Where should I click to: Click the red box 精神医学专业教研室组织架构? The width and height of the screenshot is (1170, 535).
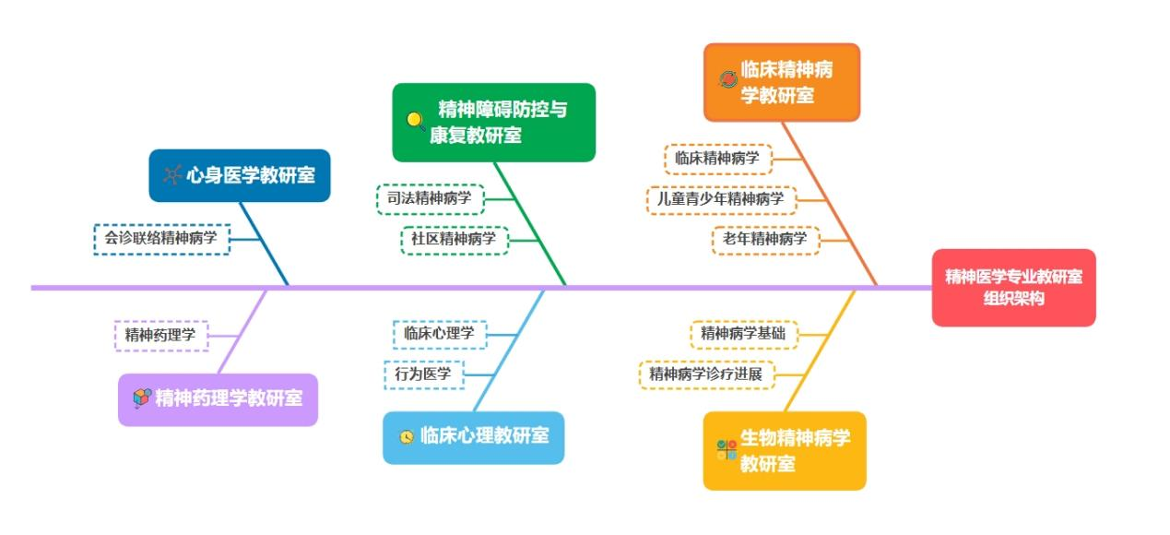[x=1013, y=287]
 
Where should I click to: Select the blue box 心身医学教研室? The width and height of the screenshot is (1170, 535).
[x=239, y=175]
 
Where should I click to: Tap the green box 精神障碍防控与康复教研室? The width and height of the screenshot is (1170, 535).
[x=493, y=122]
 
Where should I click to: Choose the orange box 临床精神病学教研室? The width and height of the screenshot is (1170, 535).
[x=781, y=82]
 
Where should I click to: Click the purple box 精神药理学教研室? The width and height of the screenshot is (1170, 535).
[x=218, y=399]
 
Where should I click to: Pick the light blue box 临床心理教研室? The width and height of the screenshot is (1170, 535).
[x=473, y=436]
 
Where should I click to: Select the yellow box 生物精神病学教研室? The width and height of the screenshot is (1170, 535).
[x=784, y=450]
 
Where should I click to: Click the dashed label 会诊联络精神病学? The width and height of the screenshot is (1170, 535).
[x=161, y=239]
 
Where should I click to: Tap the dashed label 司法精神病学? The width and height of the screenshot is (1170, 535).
[x=430, y=198]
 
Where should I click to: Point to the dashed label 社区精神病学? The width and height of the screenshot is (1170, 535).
[x=454, y=240]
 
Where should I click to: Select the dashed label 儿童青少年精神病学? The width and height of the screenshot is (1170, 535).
[x=720, y=198]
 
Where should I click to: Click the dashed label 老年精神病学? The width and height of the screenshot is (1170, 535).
[x=764, y=240]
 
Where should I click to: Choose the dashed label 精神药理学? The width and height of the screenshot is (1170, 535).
[x=160, y=335]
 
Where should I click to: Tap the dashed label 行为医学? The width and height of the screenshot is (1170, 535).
[x=423, y=374]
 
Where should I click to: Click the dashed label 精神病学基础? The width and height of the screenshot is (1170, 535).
[x=743, y=334]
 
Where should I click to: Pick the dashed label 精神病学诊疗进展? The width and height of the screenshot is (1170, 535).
[x=706, y=374]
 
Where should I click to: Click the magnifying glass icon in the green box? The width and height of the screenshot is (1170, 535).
[x=416, y=120]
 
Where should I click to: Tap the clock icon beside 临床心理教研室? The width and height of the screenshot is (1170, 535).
[x=407, y=437]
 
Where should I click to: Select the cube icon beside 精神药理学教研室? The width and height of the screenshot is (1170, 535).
[x=141, y=398]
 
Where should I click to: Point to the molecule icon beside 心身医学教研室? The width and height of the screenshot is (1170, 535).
[x=172, y=175]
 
